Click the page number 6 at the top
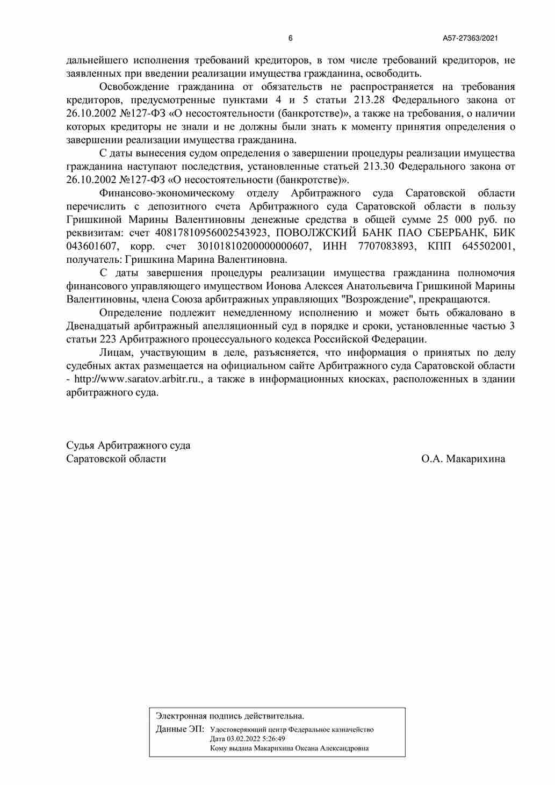tap(291, 38)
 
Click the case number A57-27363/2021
tap(471, 38)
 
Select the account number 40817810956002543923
tap(211, 233)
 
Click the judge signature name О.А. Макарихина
tap(463, 459)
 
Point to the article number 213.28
tap(370, 100)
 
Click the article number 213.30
tap(379, 167)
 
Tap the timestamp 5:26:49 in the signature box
tap(270, 739)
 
